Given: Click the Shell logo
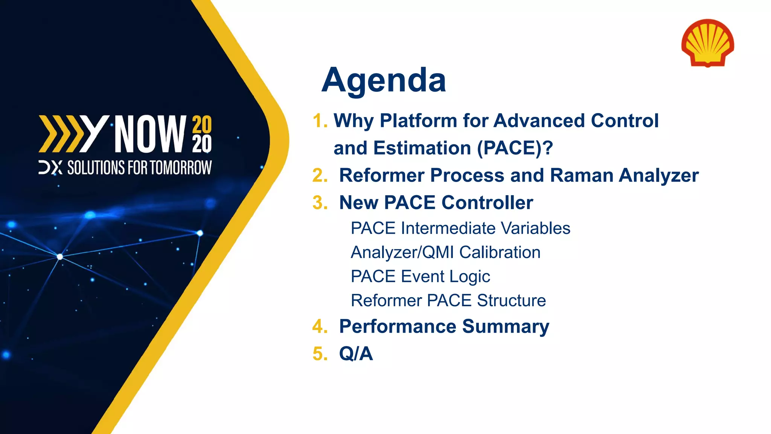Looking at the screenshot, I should tap(707, 43).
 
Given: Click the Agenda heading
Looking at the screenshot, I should tap(384, 80).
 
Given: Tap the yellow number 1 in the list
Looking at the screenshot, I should tap(318, 121).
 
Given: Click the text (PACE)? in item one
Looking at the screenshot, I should tap(515, 148).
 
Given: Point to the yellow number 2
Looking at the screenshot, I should tap(319, 176).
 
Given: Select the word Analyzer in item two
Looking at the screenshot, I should tap(659, 176).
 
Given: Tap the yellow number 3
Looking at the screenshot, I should tap(319, 203).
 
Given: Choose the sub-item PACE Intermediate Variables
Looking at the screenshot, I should tap(460, 228).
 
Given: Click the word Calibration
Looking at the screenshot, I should tap(500, 252).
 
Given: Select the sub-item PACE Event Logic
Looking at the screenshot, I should tap(420, 277).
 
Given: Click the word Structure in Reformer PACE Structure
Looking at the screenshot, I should tap(511, 301).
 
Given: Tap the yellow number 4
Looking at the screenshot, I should tap(319, 326).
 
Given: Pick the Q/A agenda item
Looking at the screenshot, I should tap(356, 354).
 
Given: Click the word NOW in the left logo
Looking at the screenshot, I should tap(150, 134).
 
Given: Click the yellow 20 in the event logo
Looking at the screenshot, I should tap(202, 125).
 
